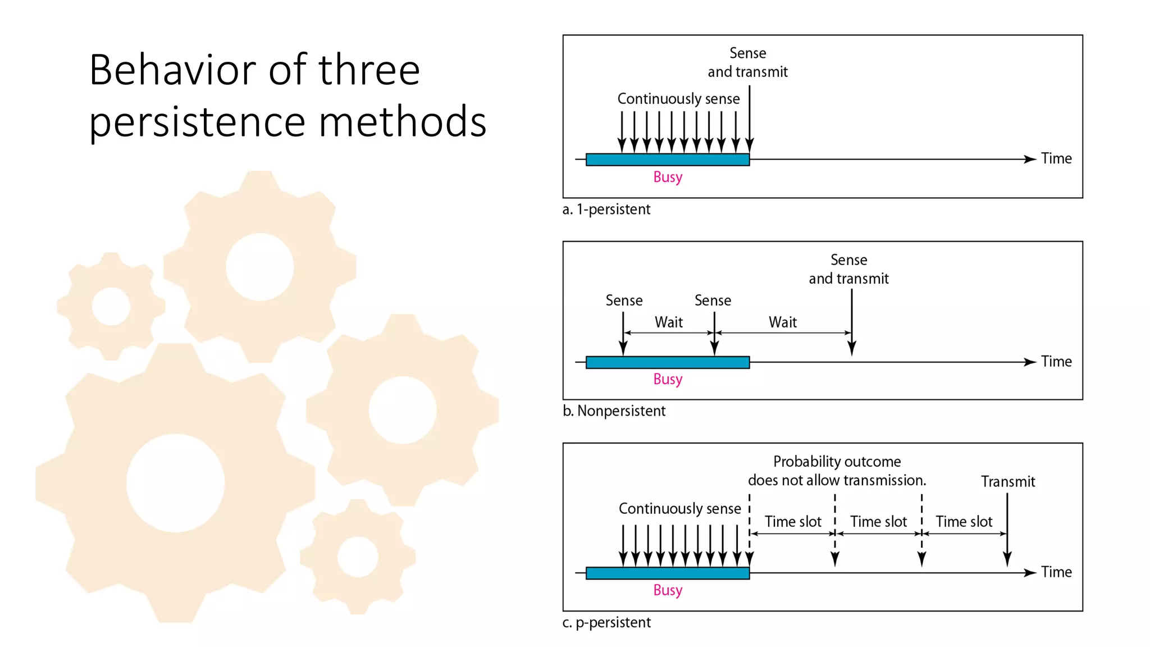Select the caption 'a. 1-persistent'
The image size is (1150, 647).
pos(606,209)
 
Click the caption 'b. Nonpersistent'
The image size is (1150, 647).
pos(614,411)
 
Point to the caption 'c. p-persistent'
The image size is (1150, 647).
pos(606,622)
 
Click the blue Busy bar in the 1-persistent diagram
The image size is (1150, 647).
pos(667,160)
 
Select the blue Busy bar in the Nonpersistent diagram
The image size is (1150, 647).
pos(667,362)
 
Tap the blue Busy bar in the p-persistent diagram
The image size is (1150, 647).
pos(667,573)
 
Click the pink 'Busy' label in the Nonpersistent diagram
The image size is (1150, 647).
pos(668,380)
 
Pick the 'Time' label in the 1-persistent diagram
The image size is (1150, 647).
pos(1056,159)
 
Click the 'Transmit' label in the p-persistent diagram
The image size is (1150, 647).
pos(1008,481)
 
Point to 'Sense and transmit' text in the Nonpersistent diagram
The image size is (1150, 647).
pos(848,270)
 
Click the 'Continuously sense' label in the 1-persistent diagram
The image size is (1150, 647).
pos(678,99)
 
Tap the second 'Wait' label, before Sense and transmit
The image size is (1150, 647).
pos(783,322)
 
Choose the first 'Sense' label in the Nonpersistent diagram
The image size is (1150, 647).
pos(624,300)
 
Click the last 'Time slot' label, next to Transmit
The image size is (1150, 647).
pos(964,522)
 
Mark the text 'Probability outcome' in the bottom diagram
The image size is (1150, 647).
pos(837,462)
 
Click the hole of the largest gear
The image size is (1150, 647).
pos(175,483)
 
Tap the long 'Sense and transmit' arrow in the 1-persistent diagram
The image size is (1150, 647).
pos(750,118)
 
